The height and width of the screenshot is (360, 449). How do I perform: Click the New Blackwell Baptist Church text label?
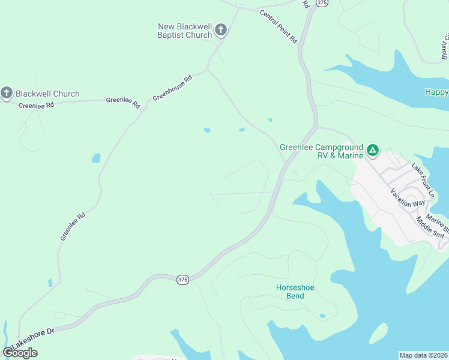tap(184, 31)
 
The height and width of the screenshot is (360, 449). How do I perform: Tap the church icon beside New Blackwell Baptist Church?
tap(221, 29)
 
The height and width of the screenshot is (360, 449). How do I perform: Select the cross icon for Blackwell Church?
tap(7, 93)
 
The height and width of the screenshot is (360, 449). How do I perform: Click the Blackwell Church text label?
tap(47, 94)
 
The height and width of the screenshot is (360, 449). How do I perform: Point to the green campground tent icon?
tap(373, 150)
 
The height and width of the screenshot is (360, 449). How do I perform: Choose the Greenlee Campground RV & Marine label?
tap(322, 151)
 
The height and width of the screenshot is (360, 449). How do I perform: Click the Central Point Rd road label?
tap(279, 26)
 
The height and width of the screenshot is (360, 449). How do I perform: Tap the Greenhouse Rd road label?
tap(172, 88)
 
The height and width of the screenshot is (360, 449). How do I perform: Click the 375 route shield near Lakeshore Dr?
tap(182, 280)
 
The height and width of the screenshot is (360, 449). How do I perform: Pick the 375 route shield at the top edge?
tap(323, 3)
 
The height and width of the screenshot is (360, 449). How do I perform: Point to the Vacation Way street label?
tap(408, 197)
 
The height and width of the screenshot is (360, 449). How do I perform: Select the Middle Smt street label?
tap(432, 226)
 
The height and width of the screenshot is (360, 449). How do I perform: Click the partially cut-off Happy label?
tap(436, 92)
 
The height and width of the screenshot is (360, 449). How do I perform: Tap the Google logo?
tap(20, 353)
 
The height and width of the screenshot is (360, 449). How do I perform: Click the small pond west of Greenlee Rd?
tap(96, 158)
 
